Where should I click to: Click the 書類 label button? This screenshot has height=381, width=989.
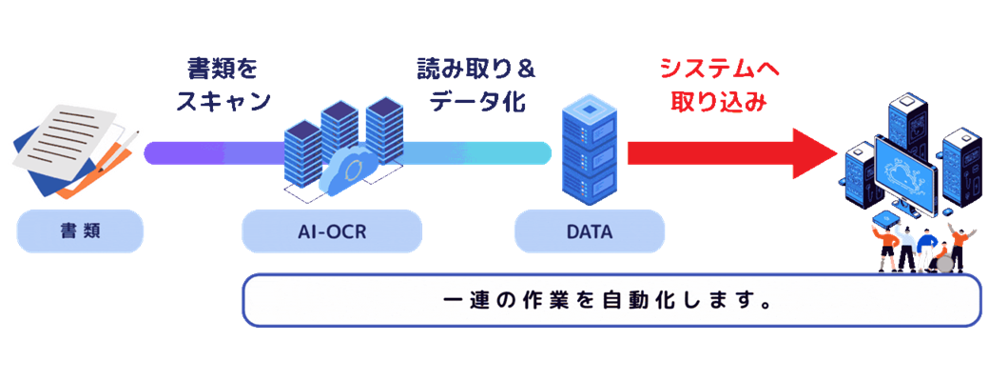[x=80, y=231]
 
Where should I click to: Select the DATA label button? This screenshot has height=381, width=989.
[x=589, y=231]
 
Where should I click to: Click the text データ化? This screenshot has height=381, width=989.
[x=476, y=101]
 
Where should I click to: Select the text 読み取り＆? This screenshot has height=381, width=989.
[x=476, y=70]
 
